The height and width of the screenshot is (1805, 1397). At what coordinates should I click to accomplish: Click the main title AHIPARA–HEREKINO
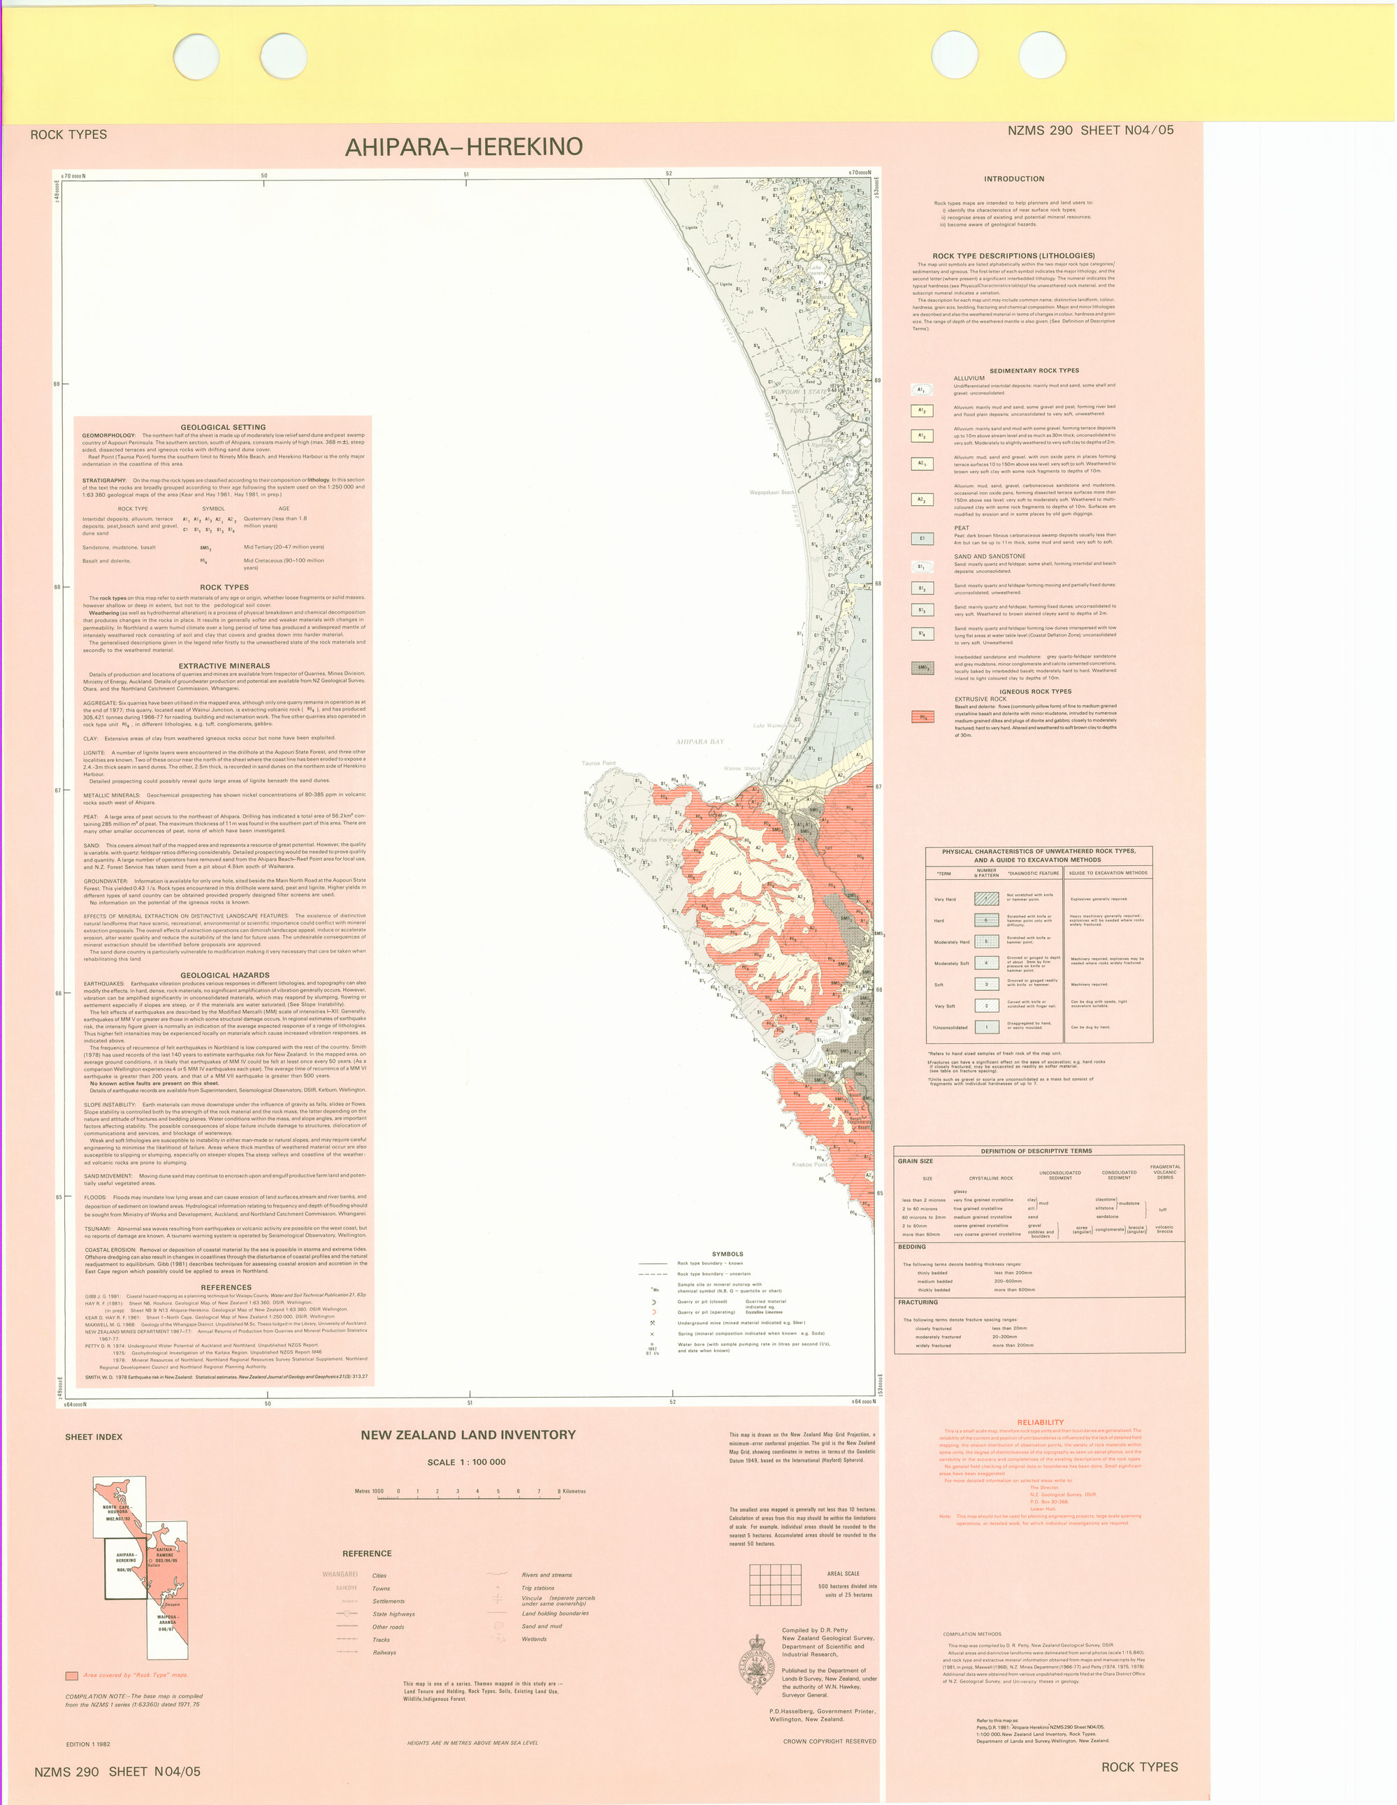[x=464, y=147]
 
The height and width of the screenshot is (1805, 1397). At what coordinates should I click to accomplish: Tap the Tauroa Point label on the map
[x=598, y=763]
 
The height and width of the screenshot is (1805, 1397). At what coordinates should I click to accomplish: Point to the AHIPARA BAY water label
[x=700, y=741]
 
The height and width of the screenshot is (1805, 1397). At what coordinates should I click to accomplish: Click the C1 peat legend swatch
[x=922, y=539]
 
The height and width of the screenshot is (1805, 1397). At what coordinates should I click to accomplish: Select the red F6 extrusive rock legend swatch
[x=922, y=716]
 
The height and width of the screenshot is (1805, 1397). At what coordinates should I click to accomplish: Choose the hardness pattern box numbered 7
[x=985, y=899]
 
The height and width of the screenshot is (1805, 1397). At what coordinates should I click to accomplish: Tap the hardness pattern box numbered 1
[x=985, y=1027]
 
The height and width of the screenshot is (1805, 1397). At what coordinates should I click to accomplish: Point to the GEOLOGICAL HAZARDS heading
[x=225, y=976]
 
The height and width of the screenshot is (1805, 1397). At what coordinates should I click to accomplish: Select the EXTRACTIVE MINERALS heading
[x=225, y=665]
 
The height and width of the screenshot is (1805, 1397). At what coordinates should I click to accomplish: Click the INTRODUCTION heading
[x=1013, y=178]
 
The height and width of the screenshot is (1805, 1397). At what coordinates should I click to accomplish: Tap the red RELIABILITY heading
[x=1040, y=1422]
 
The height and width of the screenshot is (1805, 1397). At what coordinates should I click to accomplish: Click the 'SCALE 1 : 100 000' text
[x=466, y=1462]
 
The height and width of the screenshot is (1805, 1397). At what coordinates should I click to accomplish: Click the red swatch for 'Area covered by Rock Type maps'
[x=72, y=1675]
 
